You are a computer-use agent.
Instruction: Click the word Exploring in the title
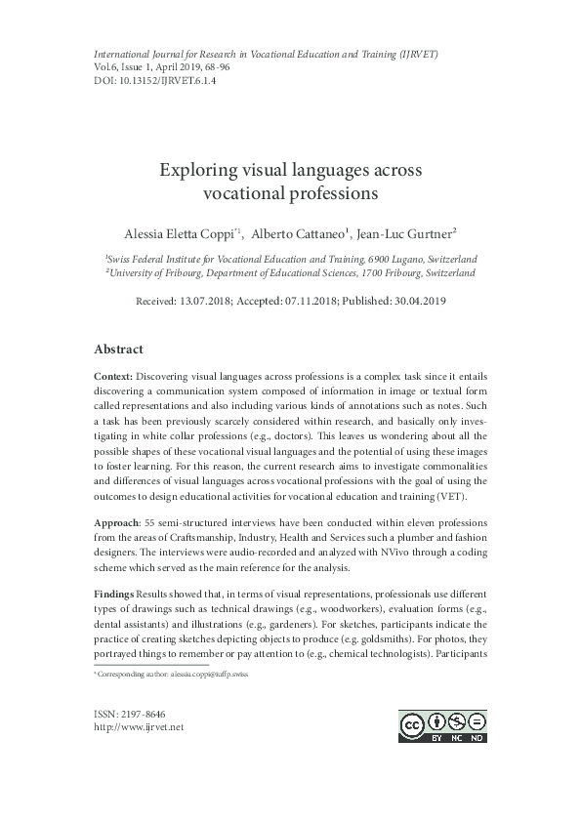click(x=197, y=171)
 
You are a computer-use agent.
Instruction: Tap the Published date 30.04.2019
click(x=416, y=302)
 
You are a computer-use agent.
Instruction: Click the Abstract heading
click(x=118, y=349)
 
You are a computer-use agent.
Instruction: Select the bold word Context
click(x=113, y=376)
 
